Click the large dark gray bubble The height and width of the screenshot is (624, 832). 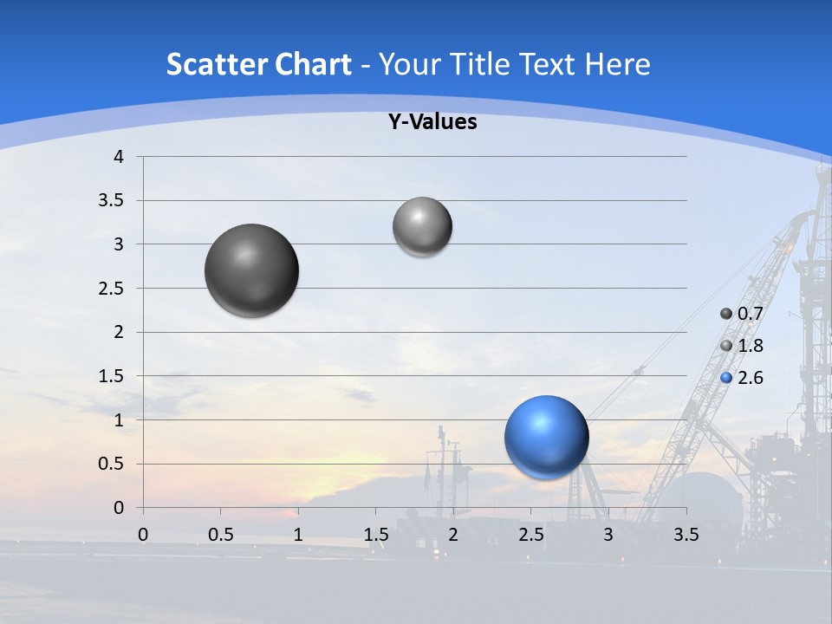(251, 270)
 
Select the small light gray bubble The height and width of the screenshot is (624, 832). (422, 226)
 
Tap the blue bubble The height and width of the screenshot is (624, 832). (546, 437)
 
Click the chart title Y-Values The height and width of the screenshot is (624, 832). (432, 122)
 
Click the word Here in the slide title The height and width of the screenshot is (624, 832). (617, 64)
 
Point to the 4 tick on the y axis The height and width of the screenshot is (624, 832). (120, 157)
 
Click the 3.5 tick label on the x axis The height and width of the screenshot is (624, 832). (686, 535)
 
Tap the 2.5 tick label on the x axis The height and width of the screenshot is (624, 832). (530, 535)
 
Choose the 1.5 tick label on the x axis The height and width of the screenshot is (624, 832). (375, 535)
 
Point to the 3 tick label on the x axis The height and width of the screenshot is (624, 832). (608, 535)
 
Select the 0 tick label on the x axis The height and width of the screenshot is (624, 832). (143, 535)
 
